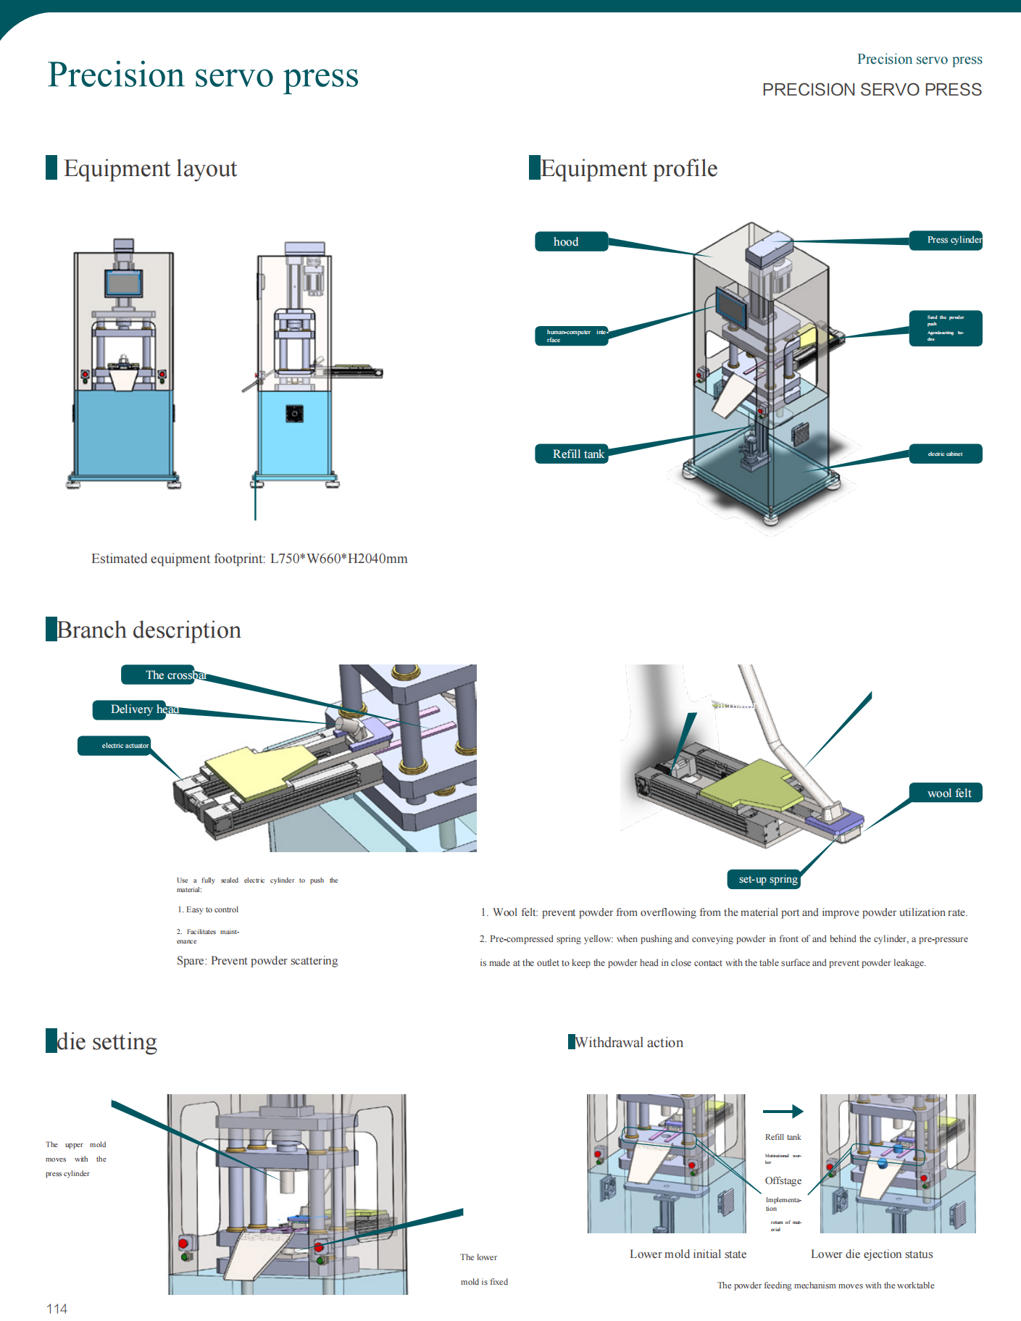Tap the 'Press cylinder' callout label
946,240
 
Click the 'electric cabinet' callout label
946,454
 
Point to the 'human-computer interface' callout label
571,336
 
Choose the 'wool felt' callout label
946,793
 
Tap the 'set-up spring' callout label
764,879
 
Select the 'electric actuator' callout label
114,746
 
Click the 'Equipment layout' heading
150,168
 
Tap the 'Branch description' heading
149,630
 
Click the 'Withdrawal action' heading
628,1042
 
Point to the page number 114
57,1309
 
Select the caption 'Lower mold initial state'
688,1254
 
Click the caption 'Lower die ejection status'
872,1254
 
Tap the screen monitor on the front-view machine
123,283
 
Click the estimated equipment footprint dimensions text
249,559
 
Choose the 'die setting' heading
107,1041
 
